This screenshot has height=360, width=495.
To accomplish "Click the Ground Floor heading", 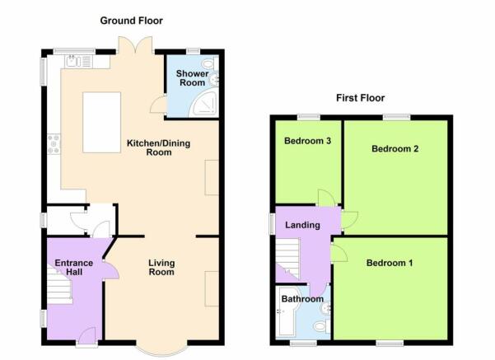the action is coord(131,21).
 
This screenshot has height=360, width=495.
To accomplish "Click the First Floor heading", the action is coord(360,98).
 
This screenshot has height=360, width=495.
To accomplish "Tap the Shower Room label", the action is coord(192,78).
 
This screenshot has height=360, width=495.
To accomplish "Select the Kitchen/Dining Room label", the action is coord(158,147).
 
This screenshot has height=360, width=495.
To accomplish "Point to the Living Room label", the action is coord(161,268).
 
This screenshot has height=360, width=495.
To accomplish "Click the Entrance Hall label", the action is coord(74,268).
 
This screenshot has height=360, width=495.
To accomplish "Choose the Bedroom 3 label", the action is coord(307,141).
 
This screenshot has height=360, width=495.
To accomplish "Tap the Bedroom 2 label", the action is coord(395,149).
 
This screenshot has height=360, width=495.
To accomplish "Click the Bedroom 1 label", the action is coord(390,263).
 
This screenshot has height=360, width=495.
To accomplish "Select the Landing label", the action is coord(302,225).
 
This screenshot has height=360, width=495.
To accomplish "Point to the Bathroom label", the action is coord(302,299).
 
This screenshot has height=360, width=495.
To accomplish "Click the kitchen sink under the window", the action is coord(78,62).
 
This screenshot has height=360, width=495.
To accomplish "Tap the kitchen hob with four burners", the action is coord(54,144).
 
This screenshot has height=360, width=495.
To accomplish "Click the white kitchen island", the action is coord(101,123).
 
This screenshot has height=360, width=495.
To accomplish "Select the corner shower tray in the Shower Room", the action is coord(204,102).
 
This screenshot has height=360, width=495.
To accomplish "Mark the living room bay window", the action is coord(161,348).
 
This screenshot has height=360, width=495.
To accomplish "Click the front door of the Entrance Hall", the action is coord(86,337).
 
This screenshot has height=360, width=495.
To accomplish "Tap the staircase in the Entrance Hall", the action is coord(59,286).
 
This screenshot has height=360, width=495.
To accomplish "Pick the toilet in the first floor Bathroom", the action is coord(322,325).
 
